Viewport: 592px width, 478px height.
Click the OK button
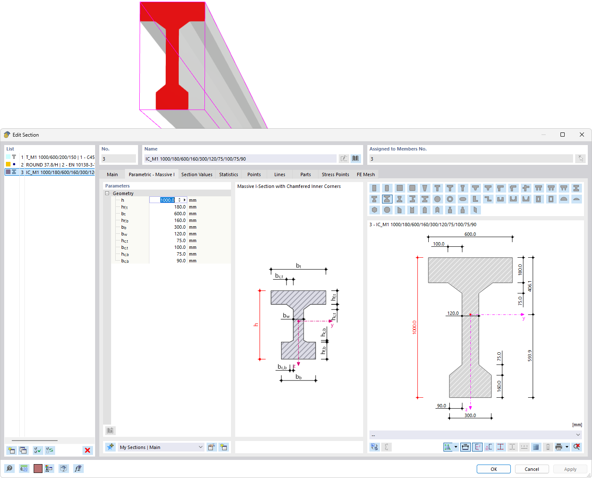click(x=494, y=469)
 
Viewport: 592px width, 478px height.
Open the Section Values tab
click(x=196, y=174)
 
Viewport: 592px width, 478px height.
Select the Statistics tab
click(x=228, y=174)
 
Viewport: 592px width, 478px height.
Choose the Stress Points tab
click(x=335, y=174)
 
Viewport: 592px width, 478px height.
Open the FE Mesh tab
click(x=366, y=174)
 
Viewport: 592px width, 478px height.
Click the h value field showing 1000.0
click(x=167, y=200)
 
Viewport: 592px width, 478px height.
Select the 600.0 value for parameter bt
click(x=180, y=214)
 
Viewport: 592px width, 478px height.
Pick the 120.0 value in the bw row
click(x=180, y=234)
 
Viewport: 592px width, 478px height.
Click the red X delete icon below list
click(x=88, y=450)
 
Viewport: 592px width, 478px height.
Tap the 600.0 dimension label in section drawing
click(x=470, y=234)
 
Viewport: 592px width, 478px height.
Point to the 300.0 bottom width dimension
click(x=470, y=415)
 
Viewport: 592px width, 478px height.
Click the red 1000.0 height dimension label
click(x=414, y=327)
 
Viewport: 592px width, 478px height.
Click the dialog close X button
click(x=581, y=135)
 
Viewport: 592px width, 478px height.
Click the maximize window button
click(x=563, y=135)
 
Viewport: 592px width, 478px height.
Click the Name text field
click(x=240, y=159)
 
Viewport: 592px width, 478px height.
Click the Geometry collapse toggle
click(x=107, y=193)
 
